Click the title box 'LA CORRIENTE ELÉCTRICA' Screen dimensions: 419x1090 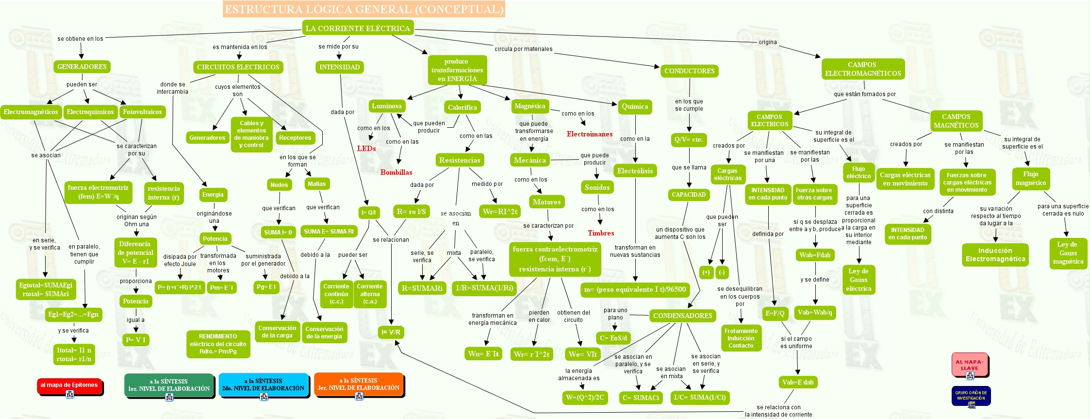(358, 28)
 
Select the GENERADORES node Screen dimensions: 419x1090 (82, 67)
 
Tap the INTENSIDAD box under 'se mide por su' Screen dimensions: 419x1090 (339, 67)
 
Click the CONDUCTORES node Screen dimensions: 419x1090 (689, 71)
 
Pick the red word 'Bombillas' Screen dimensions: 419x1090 (396, 172)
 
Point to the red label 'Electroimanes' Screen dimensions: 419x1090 (590, 134)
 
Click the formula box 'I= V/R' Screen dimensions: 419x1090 (391, 332)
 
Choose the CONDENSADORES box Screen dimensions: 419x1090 (682, 316)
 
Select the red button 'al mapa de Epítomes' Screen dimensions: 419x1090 (69, 385)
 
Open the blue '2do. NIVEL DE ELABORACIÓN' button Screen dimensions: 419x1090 (264, 385)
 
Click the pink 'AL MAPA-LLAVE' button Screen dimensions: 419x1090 (969, 365)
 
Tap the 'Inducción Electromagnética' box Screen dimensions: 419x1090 (995, 254)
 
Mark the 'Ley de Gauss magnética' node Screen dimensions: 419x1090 (1068, 253)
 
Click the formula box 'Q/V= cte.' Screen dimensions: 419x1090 (688, 139)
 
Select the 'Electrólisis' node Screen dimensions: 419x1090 (635, 171)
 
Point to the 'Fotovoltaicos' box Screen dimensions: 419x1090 (142, 112)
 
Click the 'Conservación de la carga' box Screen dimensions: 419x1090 (277, 332)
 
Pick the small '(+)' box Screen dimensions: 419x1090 (706, 272)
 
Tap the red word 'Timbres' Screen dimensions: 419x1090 (601, 233)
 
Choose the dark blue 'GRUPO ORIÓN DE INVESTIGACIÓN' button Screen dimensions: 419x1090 (971, 395)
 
